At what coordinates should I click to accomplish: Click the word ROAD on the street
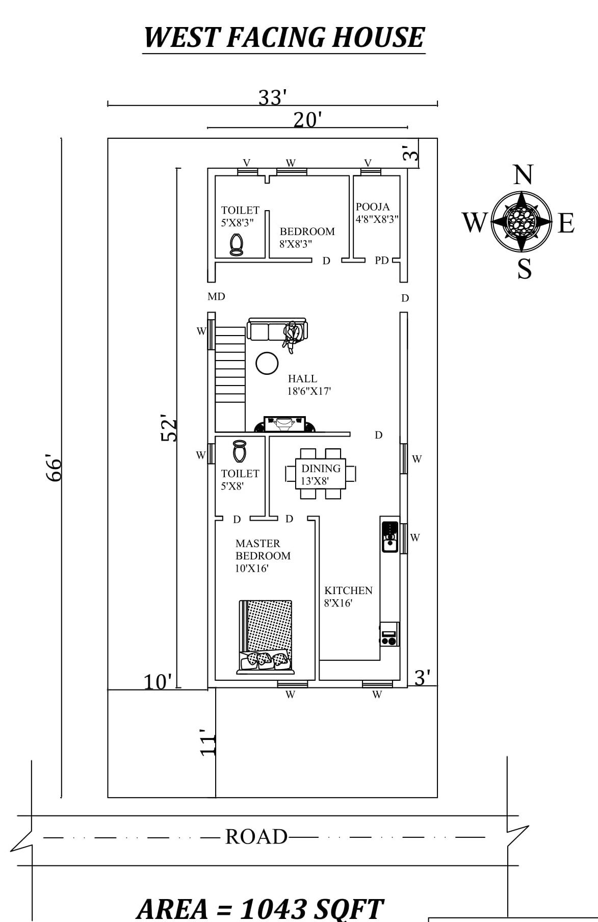click(256, 836)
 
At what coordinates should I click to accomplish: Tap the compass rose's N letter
click(523, 175)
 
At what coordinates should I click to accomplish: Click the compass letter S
click(524, 269)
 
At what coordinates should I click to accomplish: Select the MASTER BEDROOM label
click(263, 550)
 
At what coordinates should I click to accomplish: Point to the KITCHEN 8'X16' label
click(348, 596)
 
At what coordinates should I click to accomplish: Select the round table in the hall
click(267, 364)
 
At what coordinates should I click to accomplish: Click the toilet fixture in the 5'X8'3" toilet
click(236, 245)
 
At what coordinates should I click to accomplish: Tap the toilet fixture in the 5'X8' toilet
click(240, 451)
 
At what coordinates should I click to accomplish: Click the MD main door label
click(216, 296)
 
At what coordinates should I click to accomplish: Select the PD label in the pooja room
click(381, 260)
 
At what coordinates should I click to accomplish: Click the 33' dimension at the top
click(272, 97)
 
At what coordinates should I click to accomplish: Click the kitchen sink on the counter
click(390, 536)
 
